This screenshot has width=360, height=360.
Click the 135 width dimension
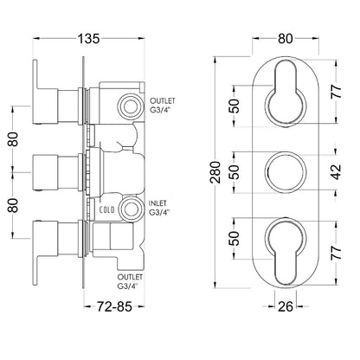(x=88, y=39)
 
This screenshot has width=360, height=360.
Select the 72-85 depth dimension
(x=114, y=306)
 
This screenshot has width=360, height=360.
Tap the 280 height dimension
(x=215, y=172)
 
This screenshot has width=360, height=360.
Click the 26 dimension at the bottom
(x=286, y=306)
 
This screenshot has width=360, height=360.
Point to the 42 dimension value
(x=336, y=172)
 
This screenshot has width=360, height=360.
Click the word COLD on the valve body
(x=106, y=209)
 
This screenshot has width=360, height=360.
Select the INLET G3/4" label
(x=158, y=208)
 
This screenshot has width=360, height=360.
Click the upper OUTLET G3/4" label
(x=163, y=106)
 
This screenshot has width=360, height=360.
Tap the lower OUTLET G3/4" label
(x=130, y=281)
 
